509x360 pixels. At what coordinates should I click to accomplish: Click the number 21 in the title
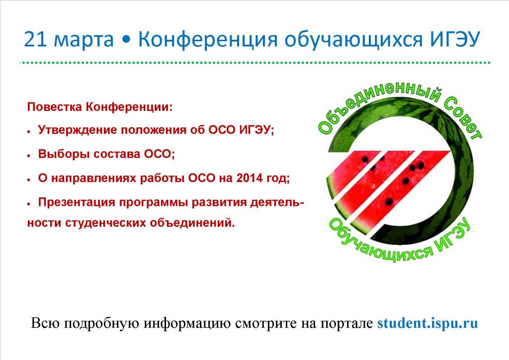[36, 40]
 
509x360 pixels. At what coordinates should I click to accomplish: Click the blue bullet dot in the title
[126, 41]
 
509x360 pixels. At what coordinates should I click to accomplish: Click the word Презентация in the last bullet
[77, 202]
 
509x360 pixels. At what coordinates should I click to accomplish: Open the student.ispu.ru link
[427, 323]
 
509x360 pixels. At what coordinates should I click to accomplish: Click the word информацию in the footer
[187, 323]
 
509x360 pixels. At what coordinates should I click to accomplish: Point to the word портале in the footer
[346, 324]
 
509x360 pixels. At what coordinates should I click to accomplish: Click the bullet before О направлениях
[29, 179]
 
